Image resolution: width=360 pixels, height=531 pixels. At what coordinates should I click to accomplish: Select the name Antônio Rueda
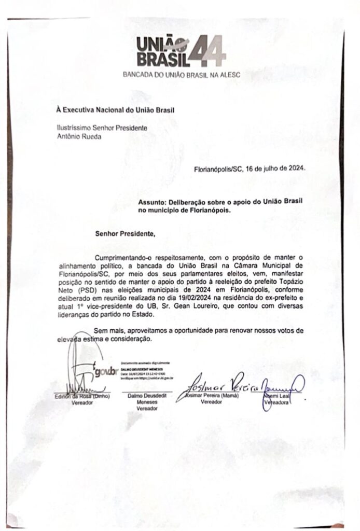coord(77,137)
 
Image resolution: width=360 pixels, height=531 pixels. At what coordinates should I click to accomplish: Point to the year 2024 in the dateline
coord(297,169)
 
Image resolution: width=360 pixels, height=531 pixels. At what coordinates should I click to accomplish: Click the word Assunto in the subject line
coord(154,201)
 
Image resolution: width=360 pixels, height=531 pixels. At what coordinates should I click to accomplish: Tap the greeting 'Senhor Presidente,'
coord(124,233)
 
